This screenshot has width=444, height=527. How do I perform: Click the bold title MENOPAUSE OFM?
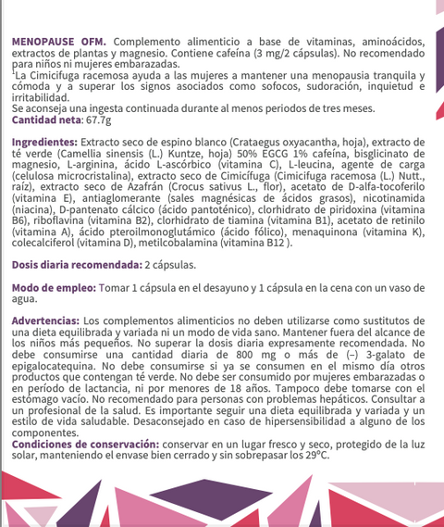(x=58, y=43)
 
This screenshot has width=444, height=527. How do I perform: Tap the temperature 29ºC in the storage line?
(x=316, y=454)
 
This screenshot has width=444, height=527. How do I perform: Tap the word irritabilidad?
(x=41, y=98)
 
